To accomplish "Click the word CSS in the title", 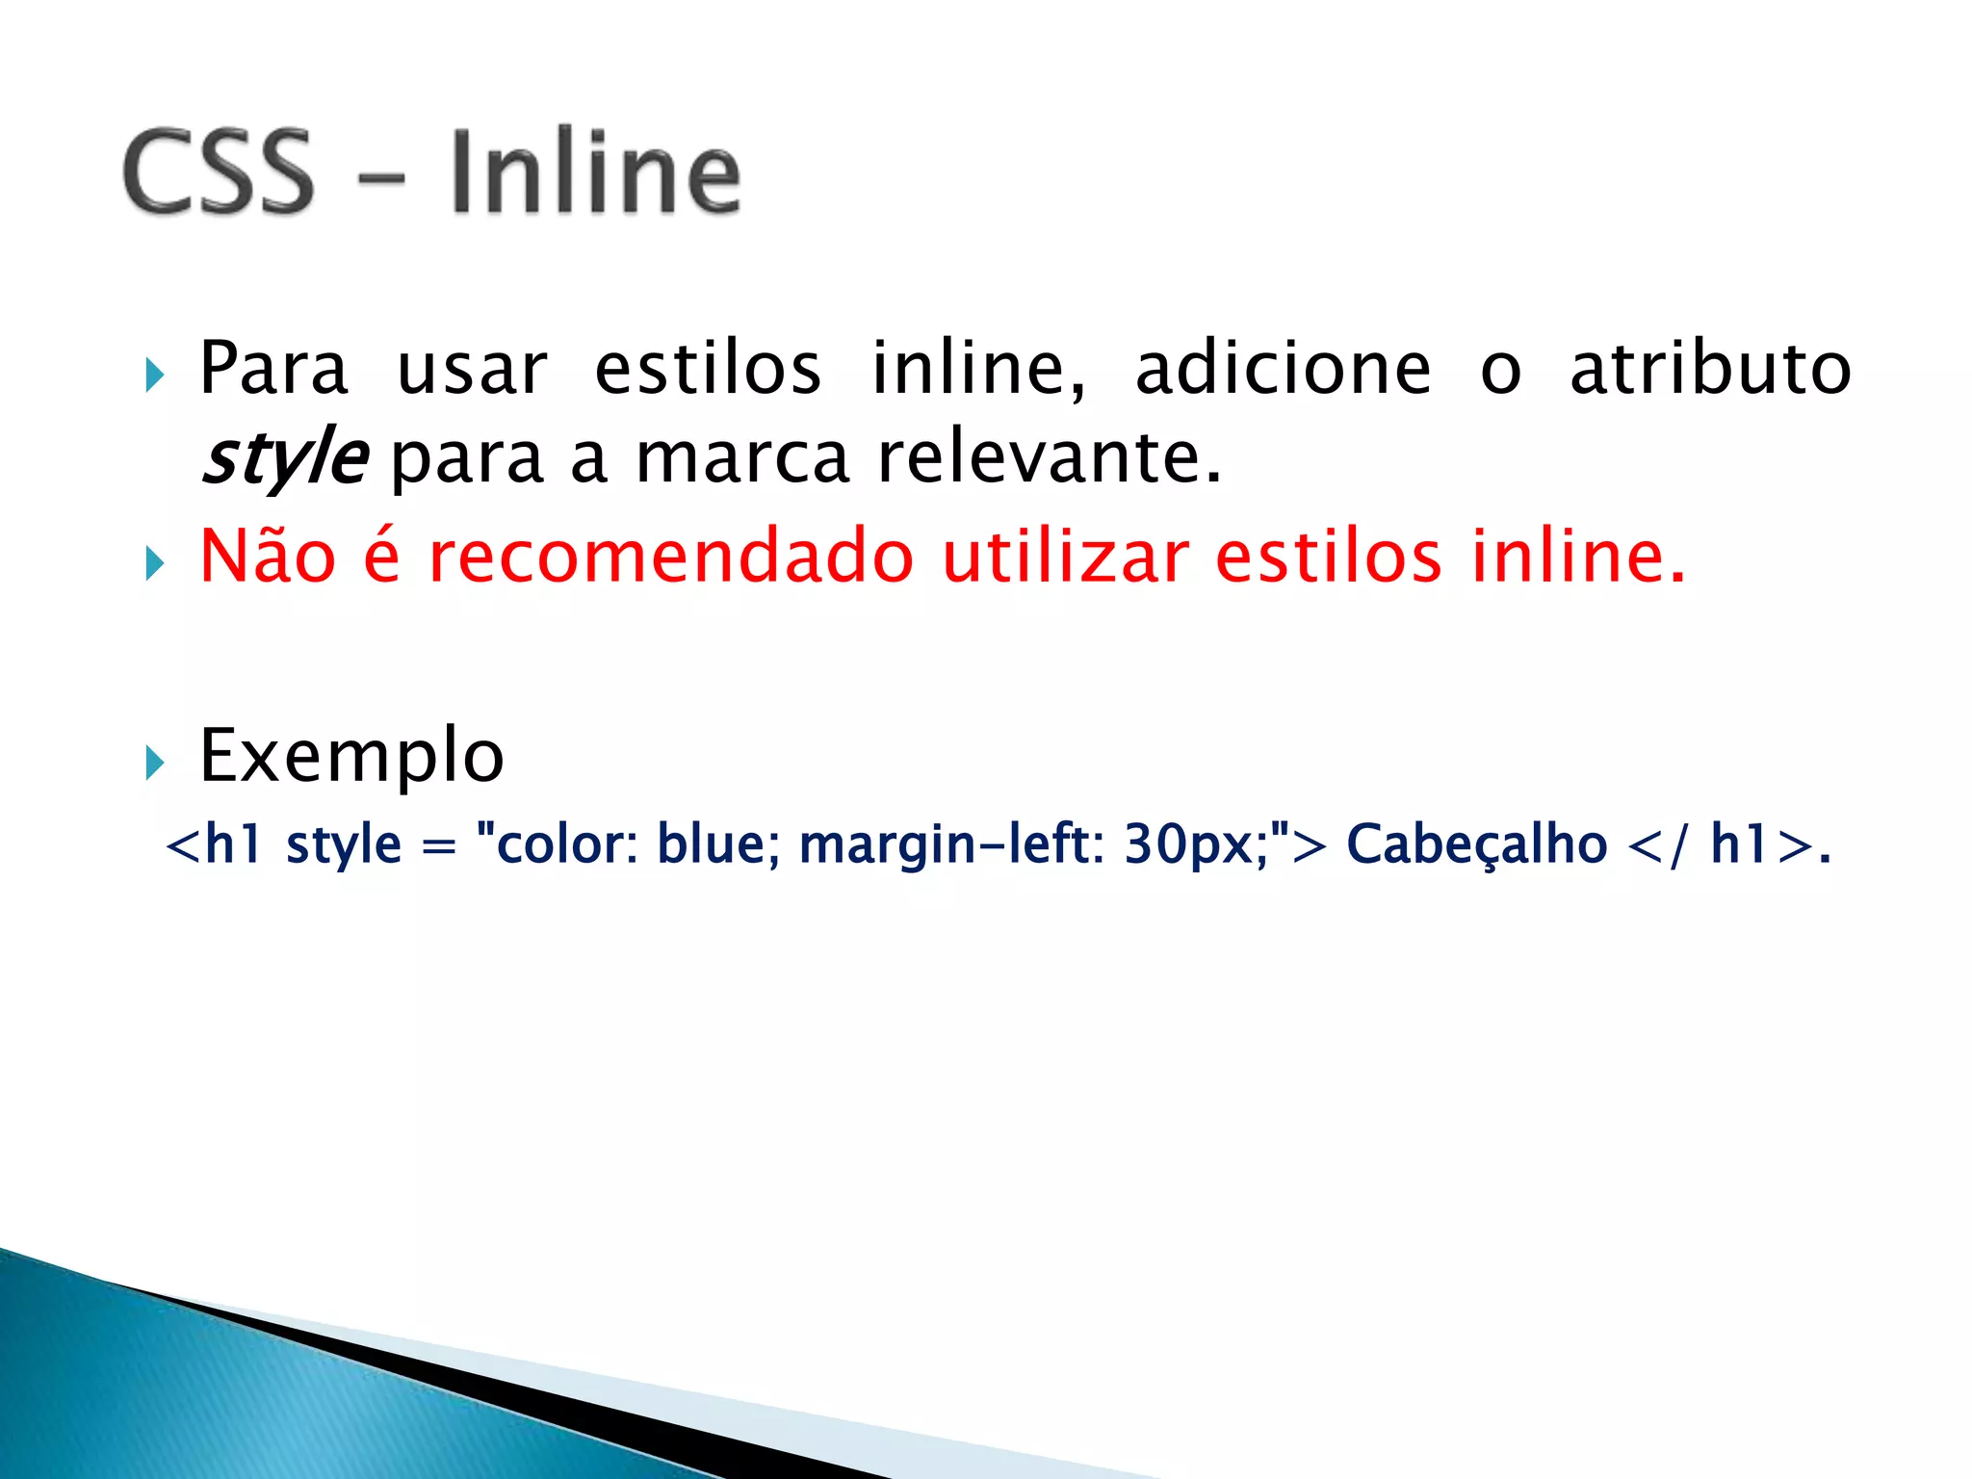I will [x=219, y=172].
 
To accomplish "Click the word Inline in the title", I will [x=595, y=172].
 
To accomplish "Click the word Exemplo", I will [x=351, y=756].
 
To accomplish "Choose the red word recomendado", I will [x=670, y=558].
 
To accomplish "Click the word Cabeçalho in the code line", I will [x=1476, y=844].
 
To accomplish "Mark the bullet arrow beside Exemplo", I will [x=155, y=763].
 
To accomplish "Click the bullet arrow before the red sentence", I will [x=155, y=563].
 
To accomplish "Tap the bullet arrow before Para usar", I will [x=155, y=375].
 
